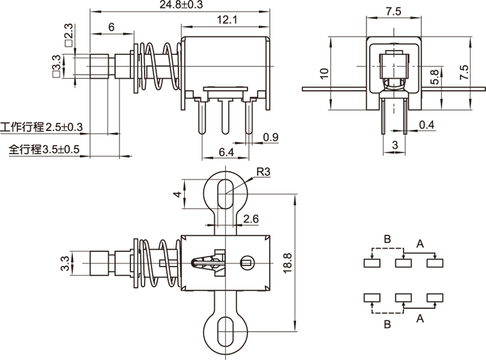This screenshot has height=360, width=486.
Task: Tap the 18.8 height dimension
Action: [x=287, y=262]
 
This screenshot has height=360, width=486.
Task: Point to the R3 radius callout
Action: [x=263, y=172]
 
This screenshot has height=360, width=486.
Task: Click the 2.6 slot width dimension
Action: [x=251, y=219]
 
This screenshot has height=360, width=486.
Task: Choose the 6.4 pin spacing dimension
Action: [x=226, y=152]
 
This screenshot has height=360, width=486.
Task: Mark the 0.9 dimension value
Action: [x=270, y=136]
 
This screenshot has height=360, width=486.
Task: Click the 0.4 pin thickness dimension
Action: [x=427, y=125]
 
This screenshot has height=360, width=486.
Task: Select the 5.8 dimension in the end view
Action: [x=435, y=77]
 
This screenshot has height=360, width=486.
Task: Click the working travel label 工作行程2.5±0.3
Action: [x=42, y=127]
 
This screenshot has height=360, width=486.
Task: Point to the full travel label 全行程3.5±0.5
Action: [x=44, y=150]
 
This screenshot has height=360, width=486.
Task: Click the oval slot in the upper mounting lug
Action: [x=223, y=191]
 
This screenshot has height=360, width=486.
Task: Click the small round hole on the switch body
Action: [x=246, y=262]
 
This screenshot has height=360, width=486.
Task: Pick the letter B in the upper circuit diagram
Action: [x=387, y=240]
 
